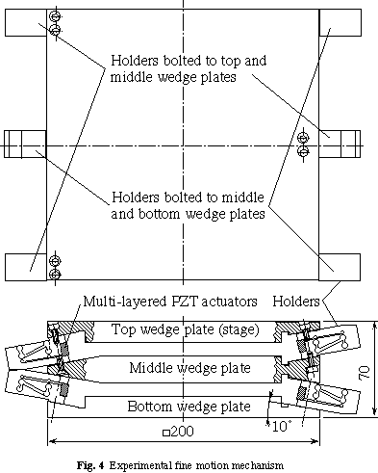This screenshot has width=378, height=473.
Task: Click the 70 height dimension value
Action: click(366, 372)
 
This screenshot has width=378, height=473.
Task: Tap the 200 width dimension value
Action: click(182, 432)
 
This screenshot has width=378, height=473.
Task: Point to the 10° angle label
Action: click(282, 427)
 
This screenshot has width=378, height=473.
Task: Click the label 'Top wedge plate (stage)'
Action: click(185, 330)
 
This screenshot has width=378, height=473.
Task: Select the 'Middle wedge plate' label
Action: click(189, 368)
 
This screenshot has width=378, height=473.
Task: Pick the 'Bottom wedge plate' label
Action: click(189, 407)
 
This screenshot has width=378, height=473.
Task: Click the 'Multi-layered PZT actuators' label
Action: click(170, 302)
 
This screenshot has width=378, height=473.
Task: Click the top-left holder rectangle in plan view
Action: click(26, 22)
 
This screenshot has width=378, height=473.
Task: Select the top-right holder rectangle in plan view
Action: click(340, 22)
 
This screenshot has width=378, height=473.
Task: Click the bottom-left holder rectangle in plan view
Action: click(26, 267)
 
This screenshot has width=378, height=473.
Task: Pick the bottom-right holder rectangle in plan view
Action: click(340, 267)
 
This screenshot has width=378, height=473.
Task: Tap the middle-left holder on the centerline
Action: click(25, 145)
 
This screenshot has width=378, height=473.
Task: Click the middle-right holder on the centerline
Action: click(340, 144)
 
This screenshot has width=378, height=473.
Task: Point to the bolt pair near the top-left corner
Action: click(56, 23)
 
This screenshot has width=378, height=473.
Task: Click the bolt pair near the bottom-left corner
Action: click(56, 268)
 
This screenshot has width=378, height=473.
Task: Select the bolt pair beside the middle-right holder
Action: click(303, 145)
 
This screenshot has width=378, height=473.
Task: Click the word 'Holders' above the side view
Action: click(296, 302)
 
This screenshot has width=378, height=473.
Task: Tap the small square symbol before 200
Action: click(166, 433)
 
